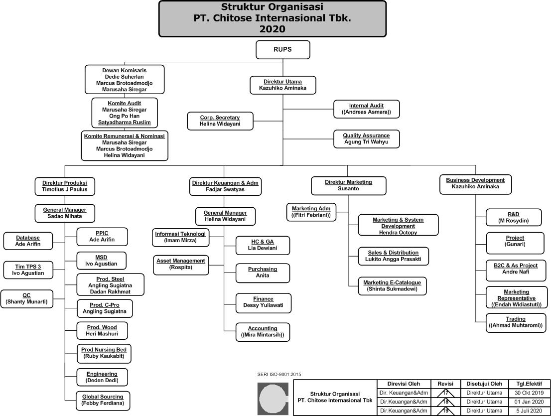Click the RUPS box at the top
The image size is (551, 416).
(x=282, y=50)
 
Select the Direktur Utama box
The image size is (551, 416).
(x=282, y=84)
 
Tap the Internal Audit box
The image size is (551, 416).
(x=366, y=109)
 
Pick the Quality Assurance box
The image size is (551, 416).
(x=366, y=139)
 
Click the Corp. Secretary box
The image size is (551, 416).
(x=220, y=121)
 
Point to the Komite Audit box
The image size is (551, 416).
(x=125, y=113)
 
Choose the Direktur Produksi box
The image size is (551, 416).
(x=65, y=186)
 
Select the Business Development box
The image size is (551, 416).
(x=475, y=183)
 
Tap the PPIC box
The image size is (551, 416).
(x=102, y=237)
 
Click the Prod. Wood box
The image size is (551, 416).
(x=102, y=330)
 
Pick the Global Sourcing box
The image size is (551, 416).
(x=103, y=400)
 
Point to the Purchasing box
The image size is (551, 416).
(x=263, y=272)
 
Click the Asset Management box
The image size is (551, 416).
(x=180, y=264)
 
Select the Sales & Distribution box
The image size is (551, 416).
(x=393, y=256)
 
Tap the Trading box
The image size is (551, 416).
(x=516, y=322)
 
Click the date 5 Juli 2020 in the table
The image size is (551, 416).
(x=529, y=411)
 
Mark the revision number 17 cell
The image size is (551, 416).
(x=445, y=393)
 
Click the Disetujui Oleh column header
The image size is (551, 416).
(x=484, y=384)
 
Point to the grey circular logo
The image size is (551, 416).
(x=272, y=399)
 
